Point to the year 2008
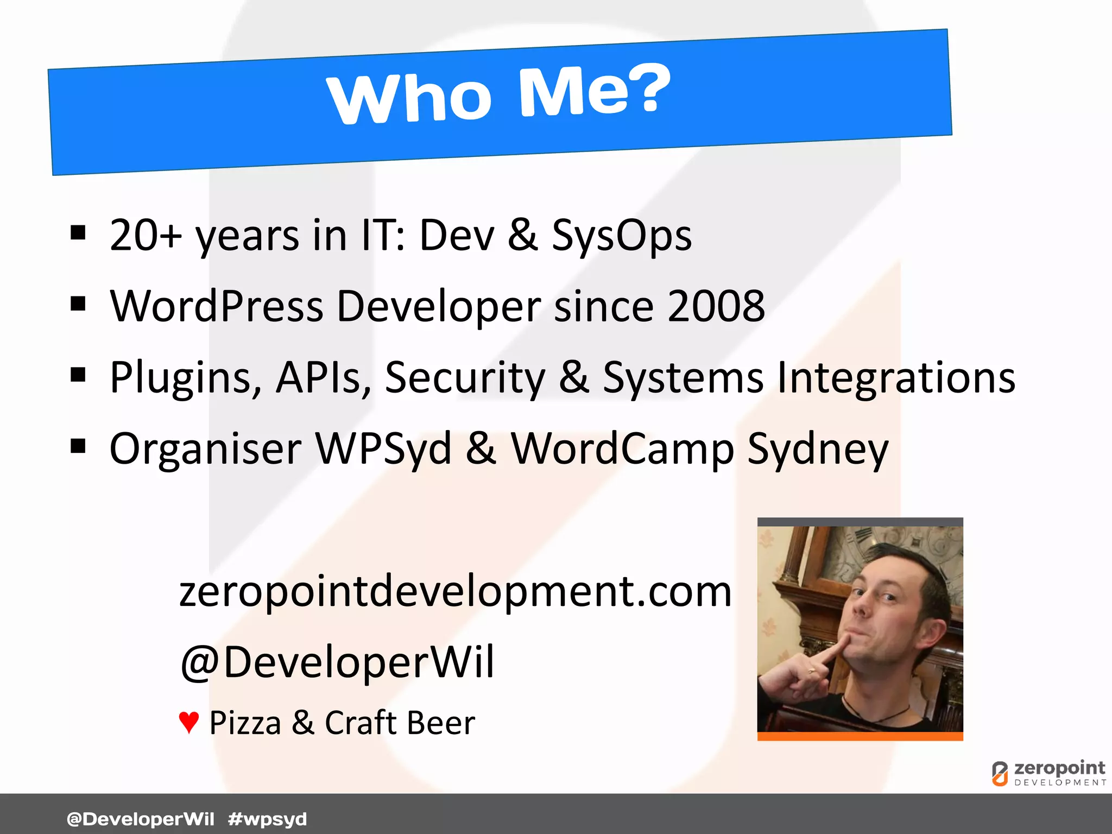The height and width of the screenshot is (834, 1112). pos(716,306)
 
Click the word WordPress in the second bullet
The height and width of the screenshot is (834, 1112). pos(217,306)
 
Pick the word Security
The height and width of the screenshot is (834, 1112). pos(465,378)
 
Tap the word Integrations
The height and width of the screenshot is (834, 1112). pos(896,377)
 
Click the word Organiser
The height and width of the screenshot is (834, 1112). pos(205,449)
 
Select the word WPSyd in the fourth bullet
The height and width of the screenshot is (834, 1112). pos(383,449)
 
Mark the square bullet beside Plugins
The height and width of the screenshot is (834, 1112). pos(78,375)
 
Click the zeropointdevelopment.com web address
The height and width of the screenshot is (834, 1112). pos(455,592)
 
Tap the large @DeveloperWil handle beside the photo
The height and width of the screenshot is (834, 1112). pos(337,662)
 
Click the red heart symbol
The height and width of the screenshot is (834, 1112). pos(188,723)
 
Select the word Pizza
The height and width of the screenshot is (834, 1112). pos(245,723)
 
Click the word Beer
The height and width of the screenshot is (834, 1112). pos(440,723)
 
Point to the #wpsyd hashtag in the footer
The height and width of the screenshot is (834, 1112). pos(267,819)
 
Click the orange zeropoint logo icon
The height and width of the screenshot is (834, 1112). pos(1000,773)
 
